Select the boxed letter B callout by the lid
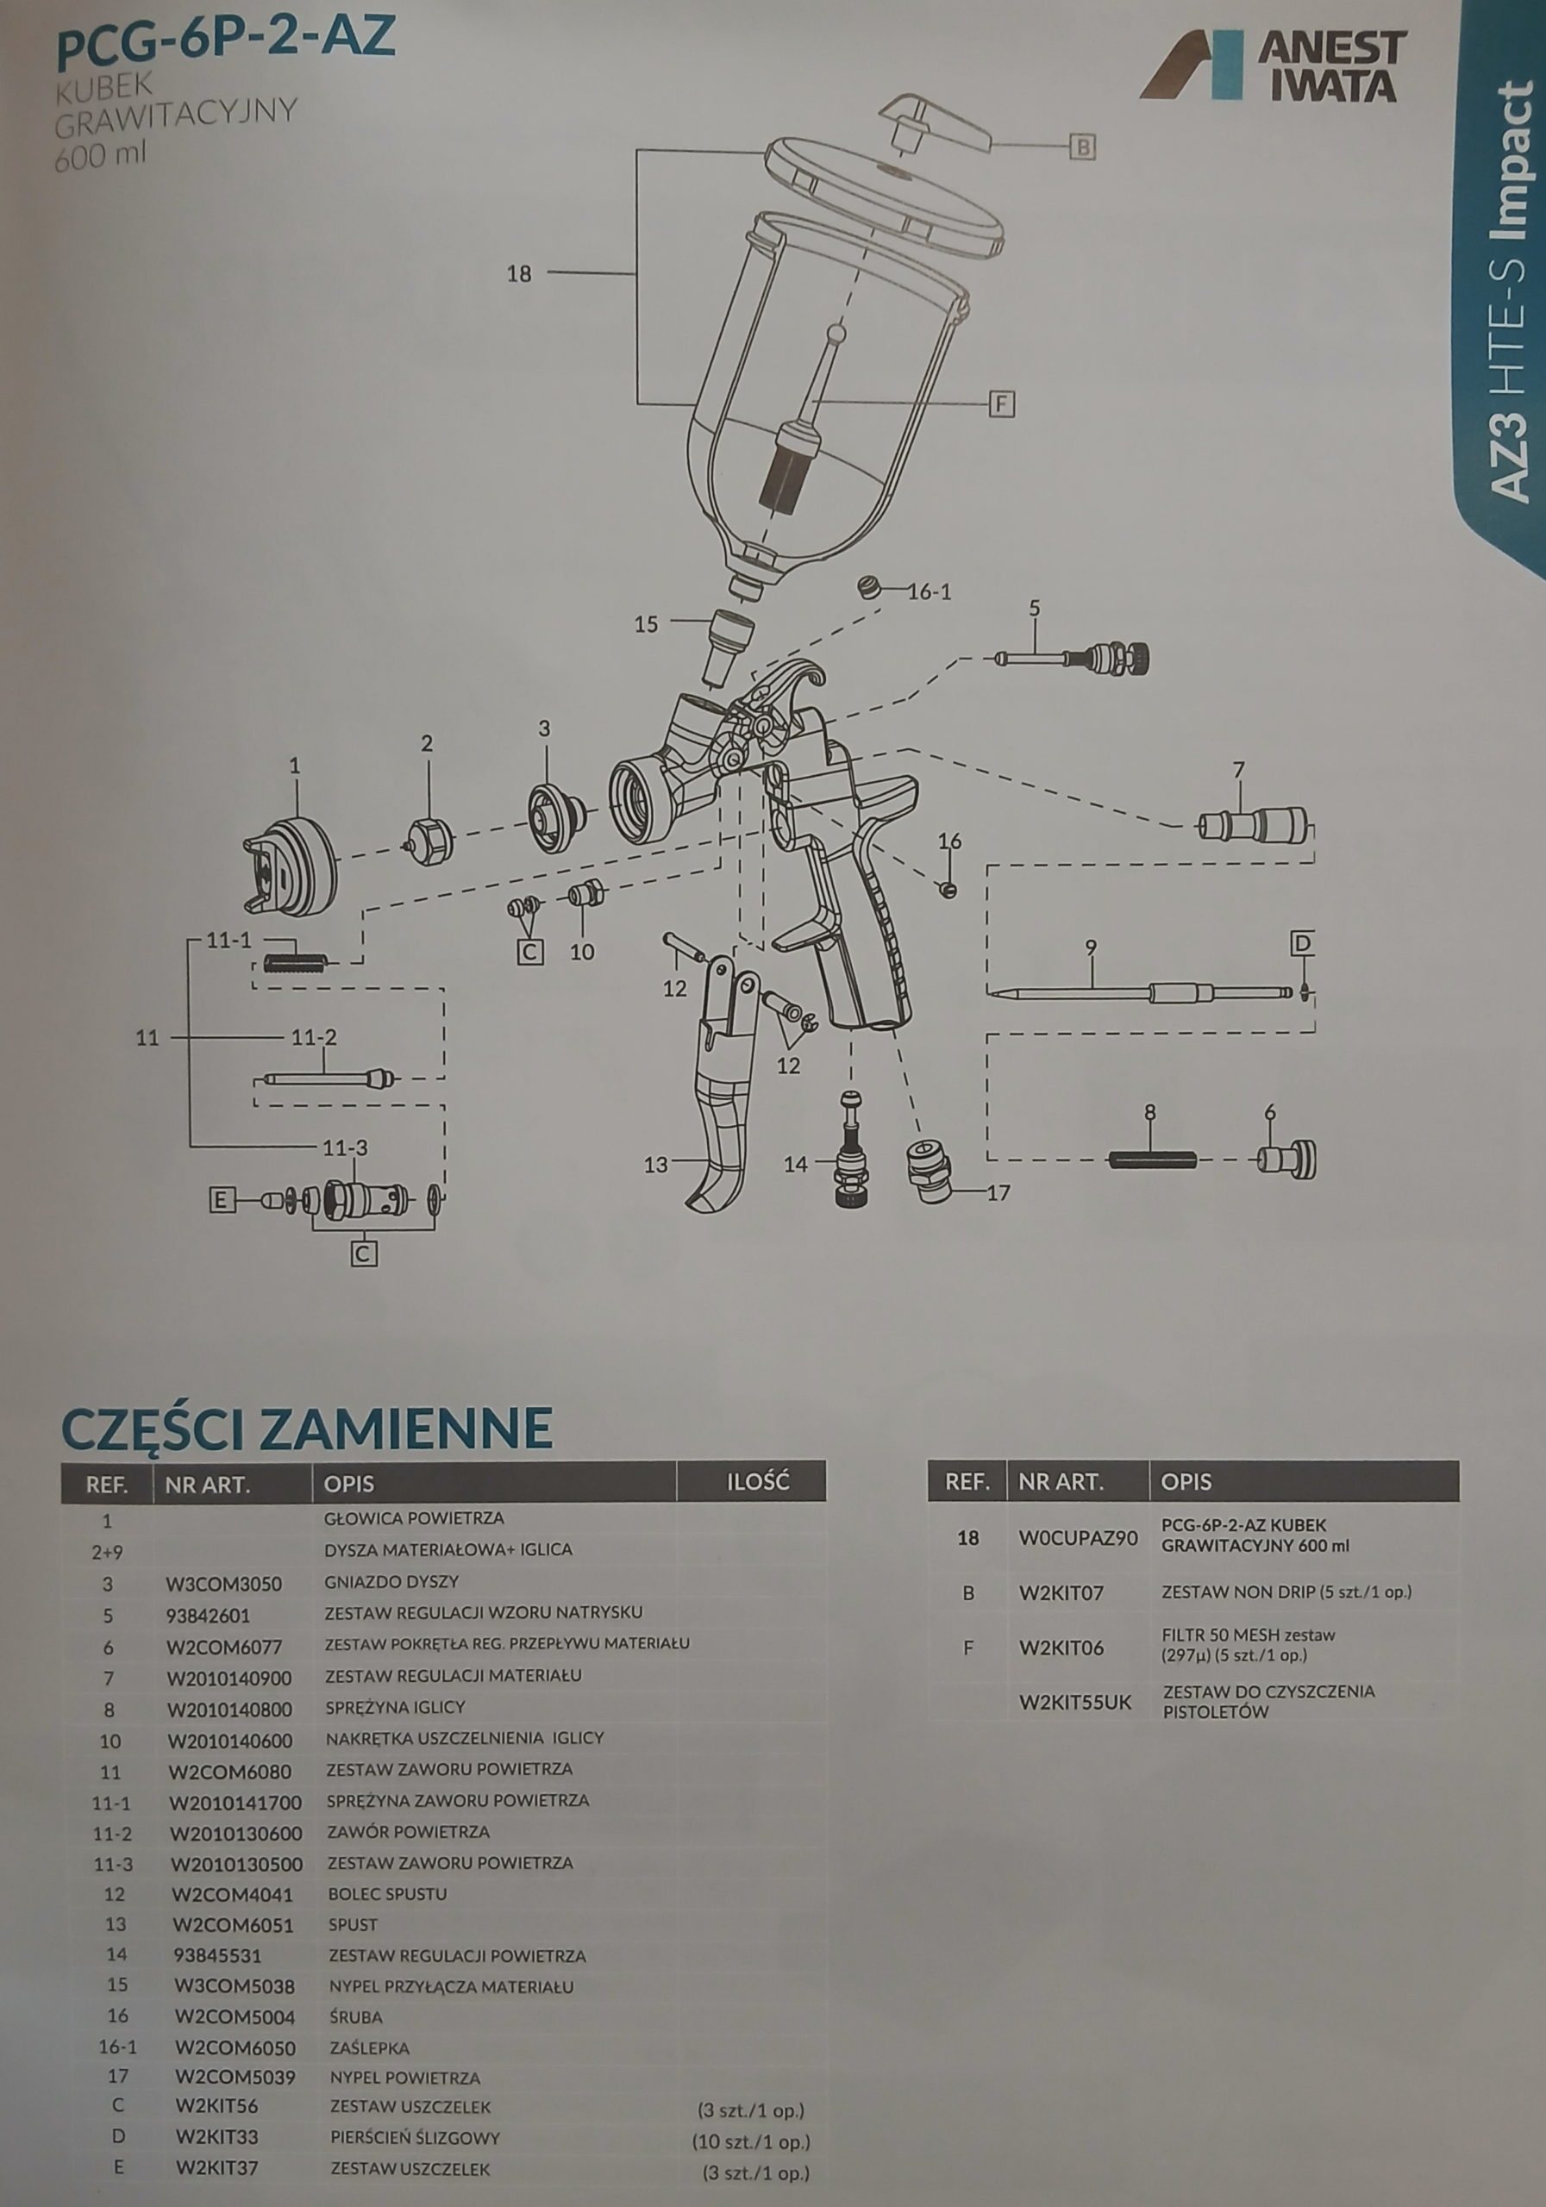(1083, 148)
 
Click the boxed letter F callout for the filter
(1002, 403)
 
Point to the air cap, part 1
(291, 864)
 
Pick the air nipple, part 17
(929, 1172)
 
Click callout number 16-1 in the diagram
(929, 592)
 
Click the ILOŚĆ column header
(758, 1481)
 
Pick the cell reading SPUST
(353, 1924)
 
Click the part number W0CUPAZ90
(1078, 1538)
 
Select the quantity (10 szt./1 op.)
(751, 2141)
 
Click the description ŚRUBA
(356, 2016)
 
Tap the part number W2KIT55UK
(1076, 1703)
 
